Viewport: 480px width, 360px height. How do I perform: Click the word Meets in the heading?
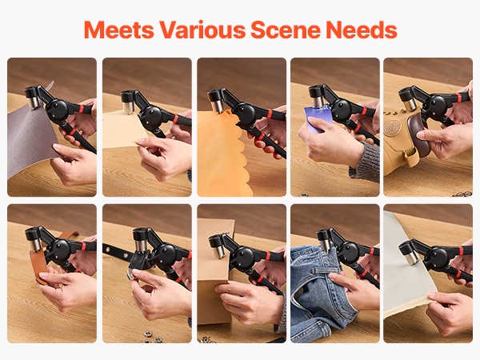point(118,30)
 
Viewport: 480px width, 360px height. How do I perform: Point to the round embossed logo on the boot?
point(391,127)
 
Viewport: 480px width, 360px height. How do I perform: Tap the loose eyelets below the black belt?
point(152,336)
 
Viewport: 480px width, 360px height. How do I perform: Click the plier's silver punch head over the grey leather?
point(33,102)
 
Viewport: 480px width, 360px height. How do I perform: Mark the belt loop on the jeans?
point(318,270)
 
